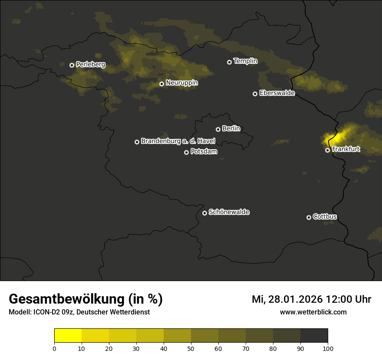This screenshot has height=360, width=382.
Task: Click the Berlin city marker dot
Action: click(x=218, y=129)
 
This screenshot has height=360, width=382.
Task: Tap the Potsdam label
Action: click(x=204, y=152)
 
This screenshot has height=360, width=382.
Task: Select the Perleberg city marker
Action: click(x=72, y=65)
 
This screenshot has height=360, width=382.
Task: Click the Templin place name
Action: click(x=245, y=61)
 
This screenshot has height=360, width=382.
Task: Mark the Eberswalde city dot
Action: click(x=255, y=94)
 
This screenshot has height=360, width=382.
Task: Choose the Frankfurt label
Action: click(x=346, y=150)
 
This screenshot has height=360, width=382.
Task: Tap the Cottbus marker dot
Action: click(x=309, y=217)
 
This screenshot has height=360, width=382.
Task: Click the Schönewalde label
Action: click(x=229, y=212)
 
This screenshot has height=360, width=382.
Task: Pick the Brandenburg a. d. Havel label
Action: click(x=178, y=141)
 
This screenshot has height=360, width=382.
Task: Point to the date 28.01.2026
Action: click(x=295, y=299)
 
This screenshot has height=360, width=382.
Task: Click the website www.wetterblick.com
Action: click(x=313, y=312)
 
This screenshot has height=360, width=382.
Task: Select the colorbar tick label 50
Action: click(x=191, y=348)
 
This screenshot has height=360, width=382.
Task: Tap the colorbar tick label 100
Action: click(x=328, y=348)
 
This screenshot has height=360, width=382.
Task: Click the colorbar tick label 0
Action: click(x=54, y=348)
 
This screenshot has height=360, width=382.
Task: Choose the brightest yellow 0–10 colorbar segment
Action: click(x=68, y=336)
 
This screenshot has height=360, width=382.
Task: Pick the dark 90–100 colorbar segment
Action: click(x=314, y=336)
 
